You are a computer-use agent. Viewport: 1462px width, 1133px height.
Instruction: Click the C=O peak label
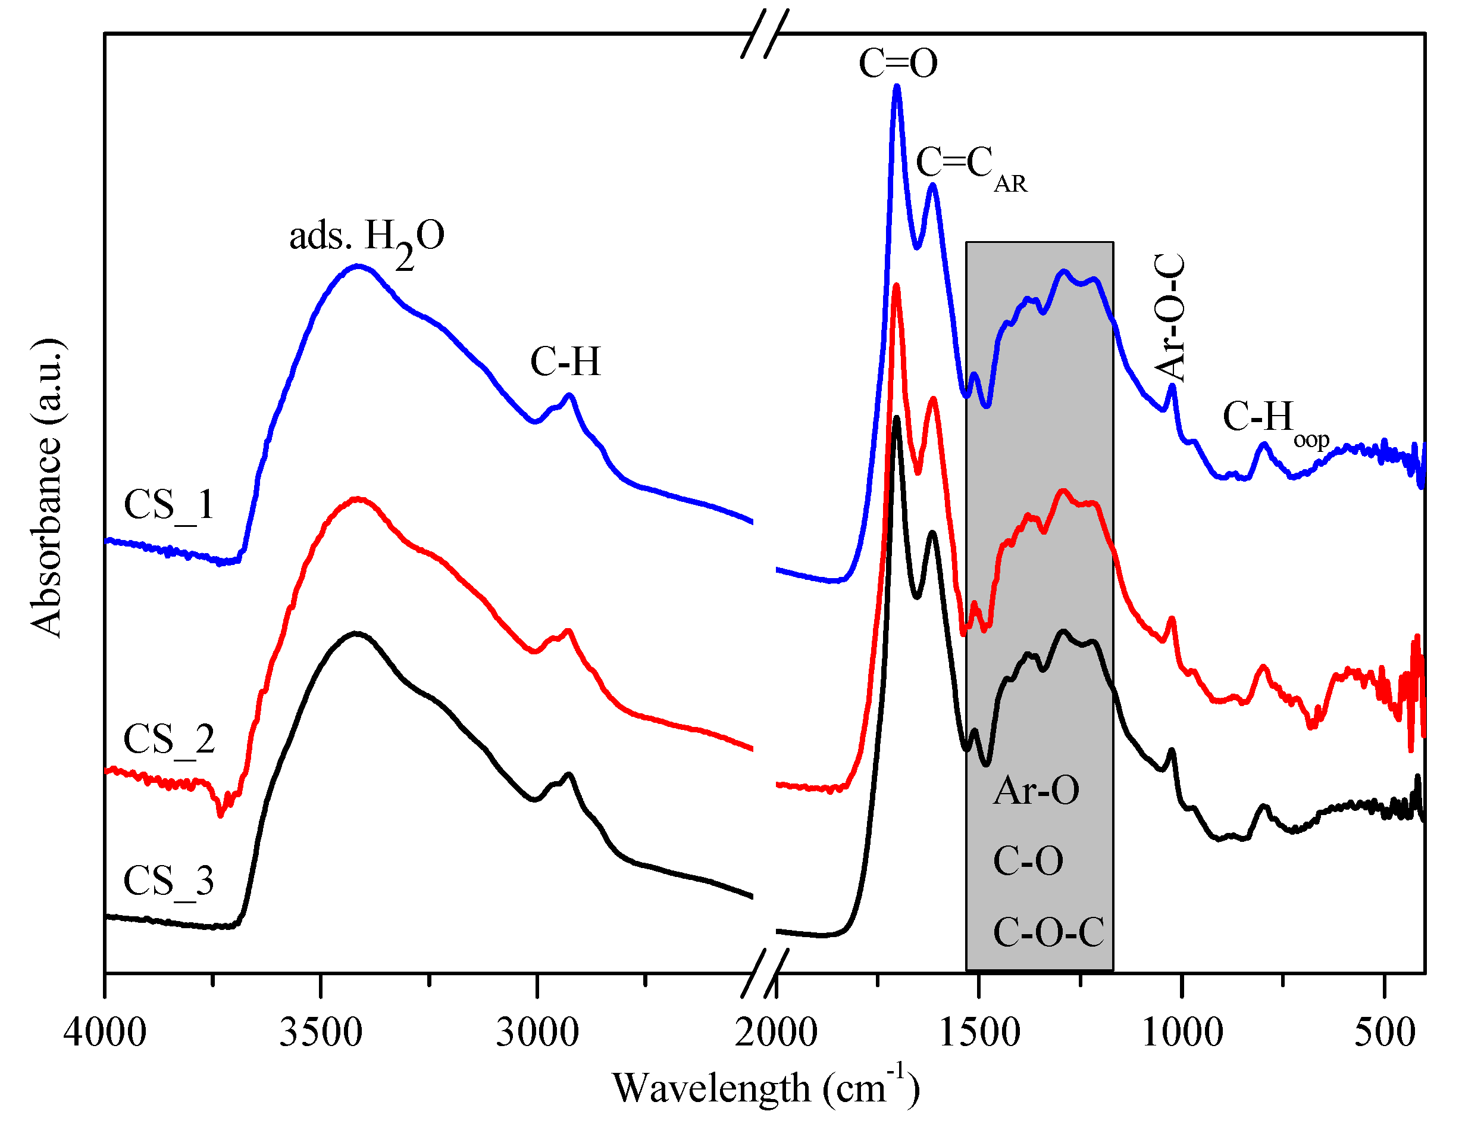[x=898, y=64]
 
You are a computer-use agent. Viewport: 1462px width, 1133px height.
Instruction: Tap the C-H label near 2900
[x=566, y=361]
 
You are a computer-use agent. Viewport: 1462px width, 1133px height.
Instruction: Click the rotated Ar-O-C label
[x=1170, y=317]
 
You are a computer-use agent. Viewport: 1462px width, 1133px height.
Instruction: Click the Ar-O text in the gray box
[x=1035, y=790]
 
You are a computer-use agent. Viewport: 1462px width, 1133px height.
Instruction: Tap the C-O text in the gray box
[x=1028, y=860]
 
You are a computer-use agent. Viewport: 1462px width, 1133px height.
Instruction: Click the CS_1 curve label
[x=169, y=505]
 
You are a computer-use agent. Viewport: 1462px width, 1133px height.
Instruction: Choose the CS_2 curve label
[x=169, y=740]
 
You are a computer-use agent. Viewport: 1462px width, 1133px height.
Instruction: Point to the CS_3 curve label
[x=169, y=881]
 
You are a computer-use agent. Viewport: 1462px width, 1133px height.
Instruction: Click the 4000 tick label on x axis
[x=105, y=1032]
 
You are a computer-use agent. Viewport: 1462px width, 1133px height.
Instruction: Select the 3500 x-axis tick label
[x=321, y=1032]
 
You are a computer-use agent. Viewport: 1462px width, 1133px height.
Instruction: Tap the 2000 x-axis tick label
[x=776, y=1032]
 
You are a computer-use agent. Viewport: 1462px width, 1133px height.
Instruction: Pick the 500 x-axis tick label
[x=1384, y=1032]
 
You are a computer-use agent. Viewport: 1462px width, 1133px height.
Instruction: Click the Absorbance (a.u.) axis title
[x=47, y=489]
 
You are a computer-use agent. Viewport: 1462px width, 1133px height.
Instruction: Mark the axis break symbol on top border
[x=765, y=33]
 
